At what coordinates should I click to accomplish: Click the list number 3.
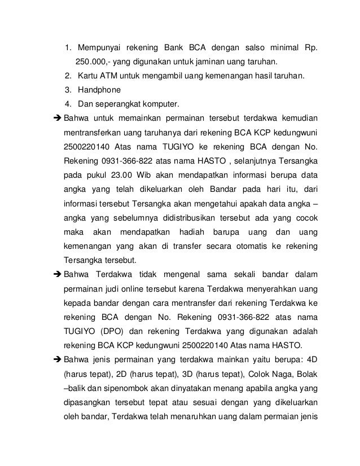[68, 90]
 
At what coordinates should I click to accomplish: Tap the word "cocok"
[304, 218]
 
